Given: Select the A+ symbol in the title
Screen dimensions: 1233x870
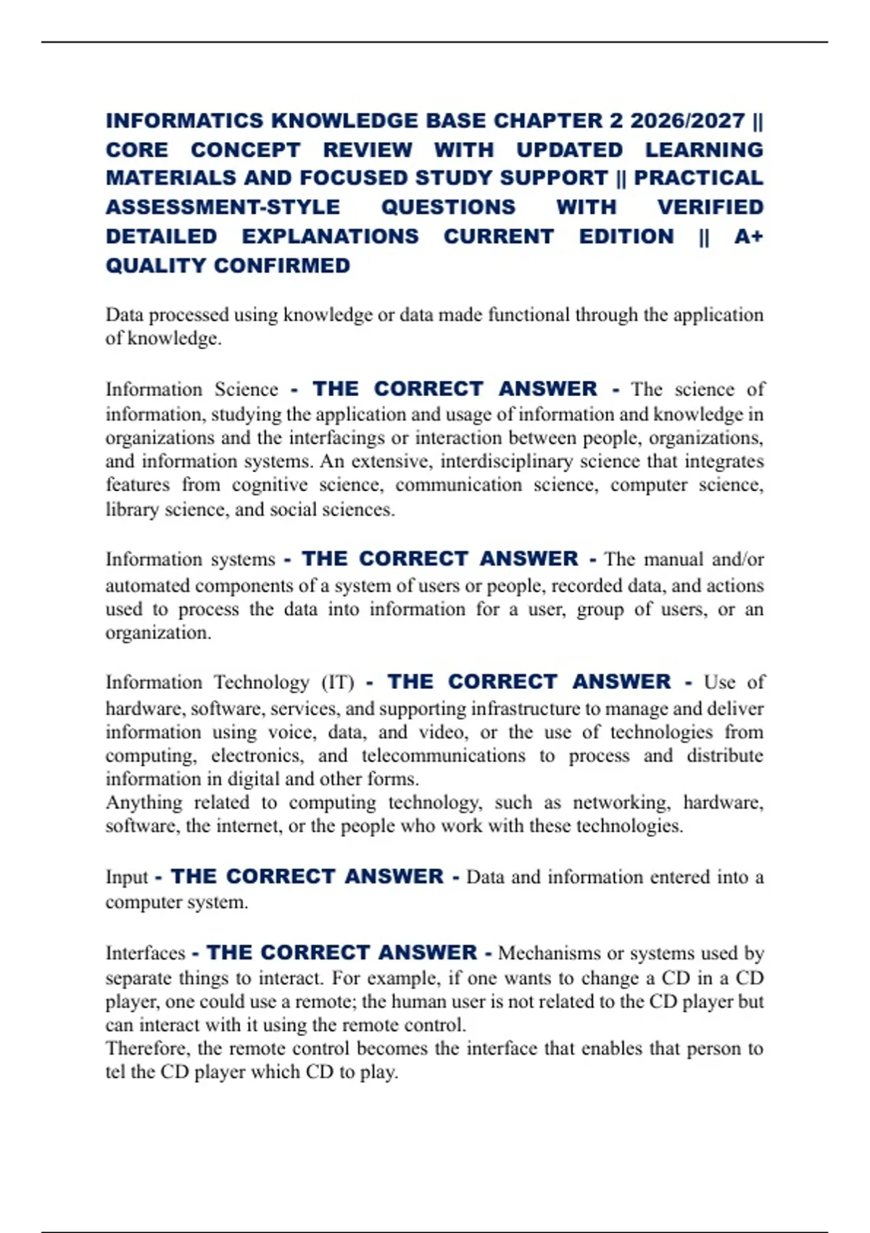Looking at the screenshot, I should point(748,236).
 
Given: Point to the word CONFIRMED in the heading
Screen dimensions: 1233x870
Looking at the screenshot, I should point(282,265).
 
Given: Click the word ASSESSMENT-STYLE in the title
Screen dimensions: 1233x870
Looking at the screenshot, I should point(223,207).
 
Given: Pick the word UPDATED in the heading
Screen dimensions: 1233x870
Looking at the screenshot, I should point(569,149).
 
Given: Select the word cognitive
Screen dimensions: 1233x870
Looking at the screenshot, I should point(270,484).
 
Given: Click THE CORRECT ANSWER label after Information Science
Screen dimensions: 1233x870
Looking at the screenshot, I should point(455,389).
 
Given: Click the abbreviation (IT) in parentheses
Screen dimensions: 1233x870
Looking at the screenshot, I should point(337,683).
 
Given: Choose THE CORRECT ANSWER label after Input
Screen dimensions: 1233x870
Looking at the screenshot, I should point(307,876).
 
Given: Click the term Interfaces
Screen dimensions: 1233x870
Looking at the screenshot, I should point(145,953).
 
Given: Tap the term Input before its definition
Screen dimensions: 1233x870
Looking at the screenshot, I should point(127,877).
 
